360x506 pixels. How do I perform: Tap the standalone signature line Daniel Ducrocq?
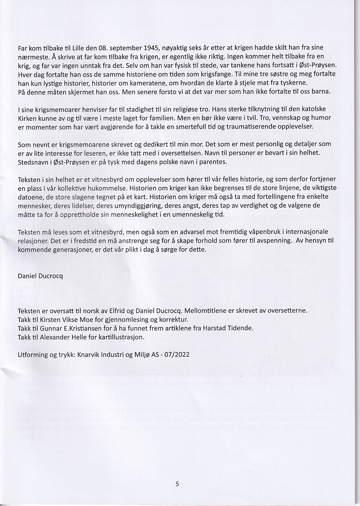[x=40, y=275]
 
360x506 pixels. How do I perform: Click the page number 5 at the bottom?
[x=177, y=484]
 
